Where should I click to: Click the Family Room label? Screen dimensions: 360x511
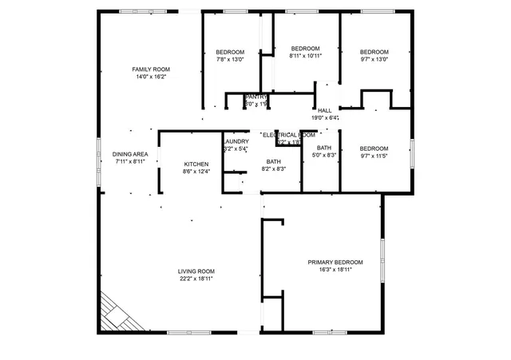tap(151, 69)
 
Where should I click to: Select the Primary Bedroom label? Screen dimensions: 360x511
tap(335, 262)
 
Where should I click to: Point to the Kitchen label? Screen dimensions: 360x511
tap(196, 164)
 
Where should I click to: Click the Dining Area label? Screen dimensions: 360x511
tap(129, 154)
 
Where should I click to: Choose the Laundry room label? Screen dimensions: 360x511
tap(236, 141)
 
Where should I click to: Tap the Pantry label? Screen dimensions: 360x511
tap(255, 97)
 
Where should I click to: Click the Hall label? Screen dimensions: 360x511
tap(324, 110)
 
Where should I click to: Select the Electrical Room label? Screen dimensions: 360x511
tap(288, 135)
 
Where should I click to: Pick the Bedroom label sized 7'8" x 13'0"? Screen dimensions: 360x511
tap(230, 51)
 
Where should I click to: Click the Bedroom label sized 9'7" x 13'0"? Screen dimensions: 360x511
tap(374, 51)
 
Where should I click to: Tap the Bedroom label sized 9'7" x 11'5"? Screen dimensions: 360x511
tap(374, 148)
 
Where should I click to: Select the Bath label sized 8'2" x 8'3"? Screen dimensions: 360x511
tap(274, 161)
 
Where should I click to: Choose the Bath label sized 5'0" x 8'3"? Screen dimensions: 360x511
tap(323, 148)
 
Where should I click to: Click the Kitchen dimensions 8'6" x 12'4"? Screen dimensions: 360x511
tap(196, 172)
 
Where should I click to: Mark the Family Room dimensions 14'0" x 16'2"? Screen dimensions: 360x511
tap(151, 77)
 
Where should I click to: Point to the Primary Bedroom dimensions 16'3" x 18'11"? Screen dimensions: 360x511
tap(335, 270)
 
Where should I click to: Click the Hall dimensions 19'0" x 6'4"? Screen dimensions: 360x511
tap(325, 118)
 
